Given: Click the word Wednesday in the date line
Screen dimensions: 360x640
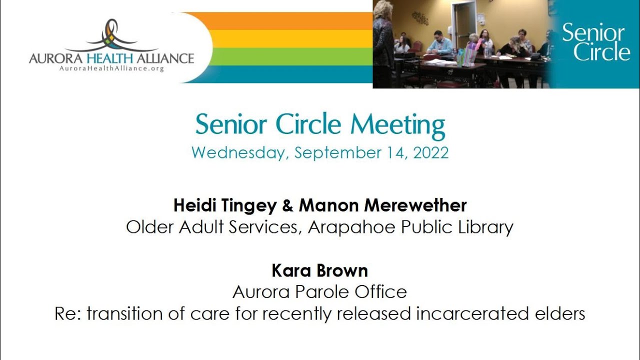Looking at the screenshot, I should (x=238, y=152).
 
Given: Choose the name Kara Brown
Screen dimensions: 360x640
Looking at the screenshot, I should (x=320, y=271).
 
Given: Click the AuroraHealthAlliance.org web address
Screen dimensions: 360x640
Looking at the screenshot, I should (x=111, y=68).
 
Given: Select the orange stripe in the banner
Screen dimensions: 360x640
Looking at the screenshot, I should (x=290, y=21).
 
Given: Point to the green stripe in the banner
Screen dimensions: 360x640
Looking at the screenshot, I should (x=290, y=56).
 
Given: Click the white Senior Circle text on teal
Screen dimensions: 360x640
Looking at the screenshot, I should (x=595, y=43).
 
